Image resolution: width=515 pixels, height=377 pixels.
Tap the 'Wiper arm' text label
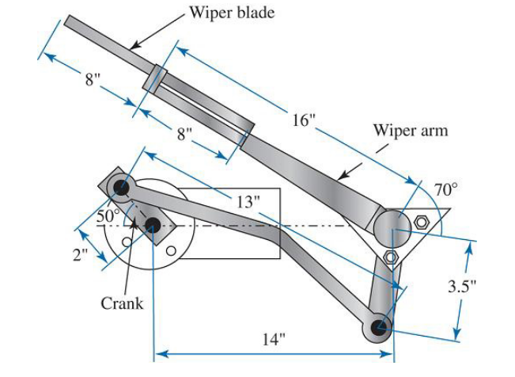411,130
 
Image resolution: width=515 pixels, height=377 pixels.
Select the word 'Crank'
122,303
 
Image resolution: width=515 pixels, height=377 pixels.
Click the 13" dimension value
248,201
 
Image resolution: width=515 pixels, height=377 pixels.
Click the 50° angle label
107,215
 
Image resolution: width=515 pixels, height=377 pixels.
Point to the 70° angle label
445,190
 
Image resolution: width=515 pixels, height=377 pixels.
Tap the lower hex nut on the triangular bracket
389,257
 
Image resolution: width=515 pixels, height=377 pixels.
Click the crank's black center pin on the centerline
152,226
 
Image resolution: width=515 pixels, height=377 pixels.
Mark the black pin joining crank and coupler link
121,188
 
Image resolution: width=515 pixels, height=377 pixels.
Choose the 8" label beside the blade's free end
93,81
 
